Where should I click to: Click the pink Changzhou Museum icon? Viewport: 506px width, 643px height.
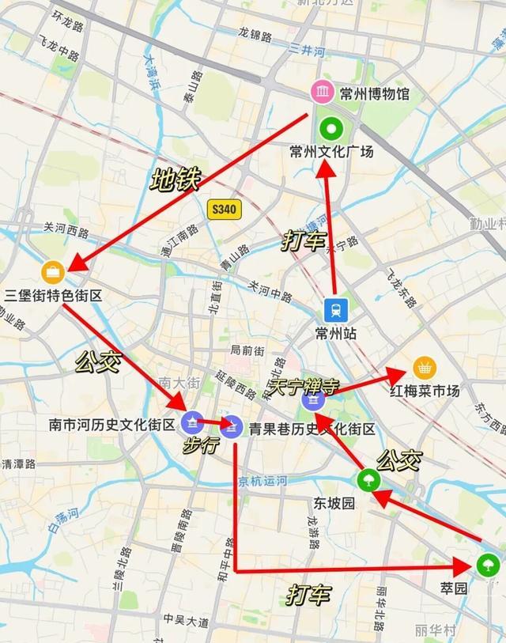click(x=322, y=93)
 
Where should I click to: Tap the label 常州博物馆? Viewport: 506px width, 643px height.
click(x=375, y=94)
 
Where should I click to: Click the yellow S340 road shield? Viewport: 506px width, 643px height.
click(x=225, y=210)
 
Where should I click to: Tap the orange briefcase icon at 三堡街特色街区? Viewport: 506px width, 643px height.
click(x=53, y=272)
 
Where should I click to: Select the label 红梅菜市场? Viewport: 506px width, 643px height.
click(x=425, y=390)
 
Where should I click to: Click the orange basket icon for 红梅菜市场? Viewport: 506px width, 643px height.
click(x=425, y=368)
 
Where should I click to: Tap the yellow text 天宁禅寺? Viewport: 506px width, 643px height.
click(x=304, y=386)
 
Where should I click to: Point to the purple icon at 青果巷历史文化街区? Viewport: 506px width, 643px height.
click(x=232, y=426)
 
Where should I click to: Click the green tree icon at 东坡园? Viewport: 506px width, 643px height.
click(x=367, y=479)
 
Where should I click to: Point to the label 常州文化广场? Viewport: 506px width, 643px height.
click(x=331, y=151)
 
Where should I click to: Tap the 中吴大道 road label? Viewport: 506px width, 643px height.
click(x=186, y=621)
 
